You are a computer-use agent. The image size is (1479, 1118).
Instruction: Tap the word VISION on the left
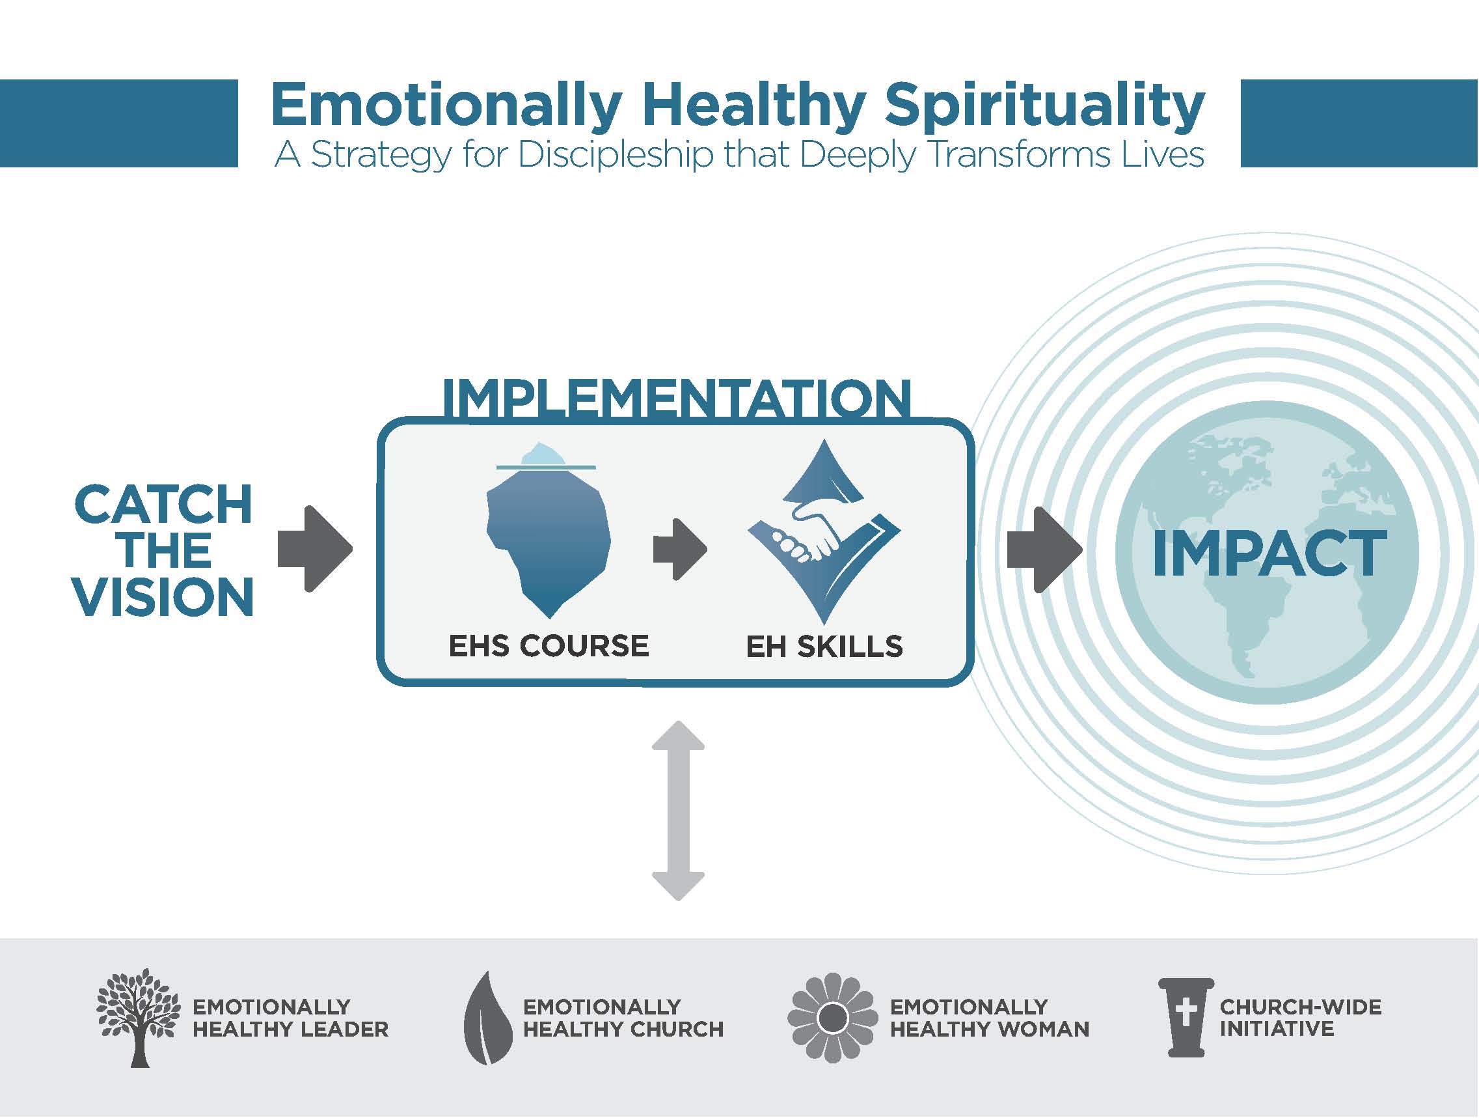coord(164,597)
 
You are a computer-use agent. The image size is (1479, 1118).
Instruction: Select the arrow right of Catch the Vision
coord(314,550)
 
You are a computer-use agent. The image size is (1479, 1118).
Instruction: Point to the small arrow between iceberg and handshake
coord(680,550)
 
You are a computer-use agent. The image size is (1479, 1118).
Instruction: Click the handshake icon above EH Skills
coord(824,532)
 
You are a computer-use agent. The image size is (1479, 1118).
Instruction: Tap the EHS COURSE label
coord(549,647)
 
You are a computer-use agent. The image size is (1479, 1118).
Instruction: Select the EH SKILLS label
coord(824,647)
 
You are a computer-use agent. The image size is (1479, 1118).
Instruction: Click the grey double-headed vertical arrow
coord(678,810)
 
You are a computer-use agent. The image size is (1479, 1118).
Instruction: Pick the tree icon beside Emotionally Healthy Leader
coord(139,1017)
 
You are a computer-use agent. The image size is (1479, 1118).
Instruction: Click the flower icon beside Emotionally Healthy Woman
coord(832,1018)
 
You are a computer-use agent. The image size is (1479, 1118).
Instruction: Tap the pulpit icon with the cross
coord(1186,1018)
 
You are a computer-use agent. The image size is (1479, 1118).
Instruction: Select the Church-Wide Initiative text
coord(1301,1018)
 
